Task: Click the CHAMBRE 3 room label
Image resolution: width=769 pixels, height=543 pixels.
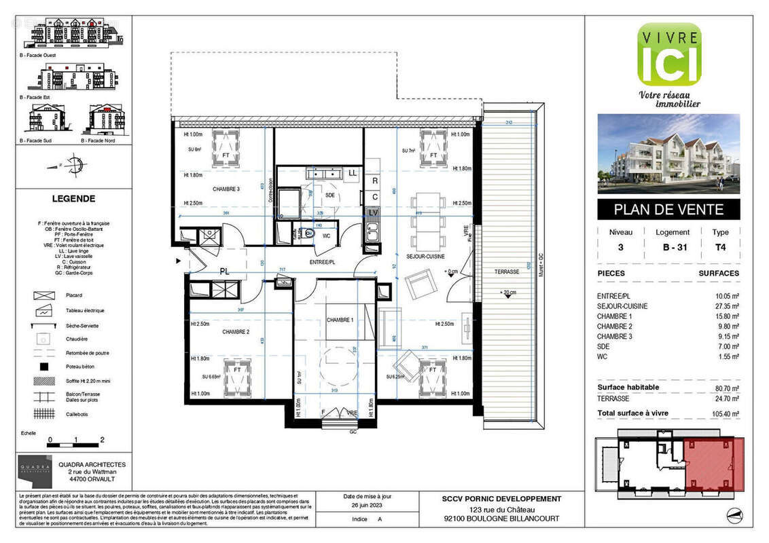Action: pos(226,189)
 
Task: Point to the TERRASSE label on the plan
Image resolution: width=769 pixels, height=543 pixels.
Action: pos(507,271)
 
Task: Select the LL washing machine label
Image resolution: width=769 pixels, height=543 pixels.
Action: pos(352,174)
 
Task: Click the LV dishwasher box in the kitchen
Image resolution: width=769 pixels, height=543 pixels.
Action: pos(374,212)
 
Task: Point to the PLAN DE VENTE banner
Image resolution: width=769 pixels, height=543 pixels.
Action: pos(668,210)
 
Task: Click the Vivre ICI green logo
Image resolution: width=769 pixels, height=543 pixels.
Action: pos(668,54)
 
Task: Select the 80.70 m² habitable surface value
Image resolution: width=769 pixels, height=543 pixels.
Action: pos(725,388)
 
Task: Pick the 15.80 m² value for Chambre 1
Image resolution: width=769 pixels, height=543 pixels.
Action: pos(725,316)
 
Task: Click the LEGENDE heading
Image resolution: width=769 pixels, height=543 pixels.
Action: pos(73,199)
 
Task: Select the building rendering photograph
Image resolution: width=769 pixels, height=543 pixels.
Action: pos(668,154)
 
